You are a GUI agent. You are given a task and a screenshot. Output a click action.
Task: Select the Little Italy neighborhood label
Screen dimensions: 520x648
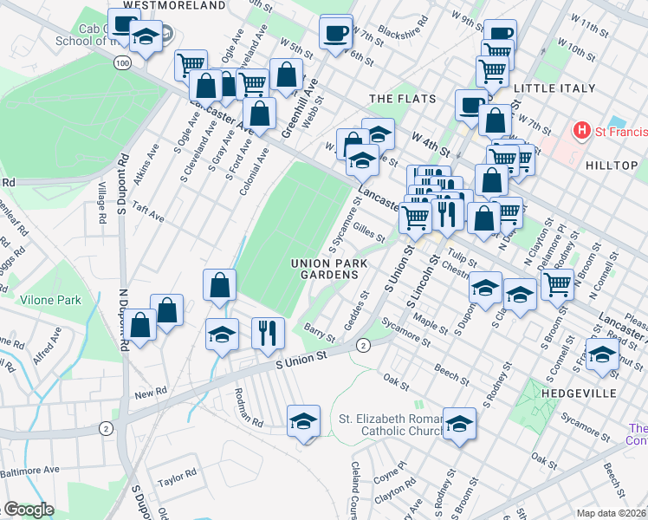tap(554, 88)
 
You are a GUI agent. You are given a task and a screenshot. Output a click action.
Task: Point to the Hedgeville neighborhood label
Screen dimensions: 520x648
tap(604, 393)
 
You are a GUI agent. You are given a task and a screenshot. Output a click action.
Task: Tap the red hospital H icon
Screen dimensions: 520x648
tap(582, 131)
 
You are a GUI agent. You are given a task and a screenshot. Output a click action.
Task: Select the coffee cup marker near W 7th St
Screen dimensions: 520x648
tap(335, 33)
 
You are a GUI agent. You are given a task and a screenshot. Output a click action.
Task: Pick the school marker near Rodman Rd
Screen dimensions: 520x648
tap(303, 421)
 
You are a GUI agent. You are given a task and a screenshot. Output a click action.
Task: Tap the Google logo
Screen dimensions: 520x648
tap(29, 510)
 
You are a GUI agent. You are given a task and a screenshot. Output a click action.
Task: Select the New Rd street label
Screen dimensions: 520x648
tap(150, 393)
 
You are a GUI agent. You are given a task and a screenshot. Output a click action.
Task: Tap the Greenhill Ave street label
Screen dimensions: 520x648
tap(300, 108)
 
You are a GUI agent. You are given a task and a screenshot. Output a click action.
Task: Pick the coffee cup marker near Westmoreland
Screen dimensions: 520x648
tap(125, 25)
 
